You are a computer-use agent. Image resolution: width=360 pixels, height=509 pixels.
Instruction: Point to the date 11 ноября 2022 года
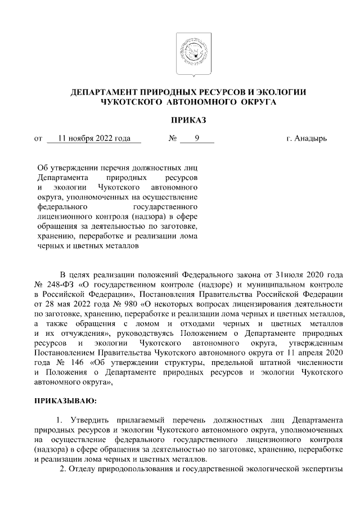coord(94,138)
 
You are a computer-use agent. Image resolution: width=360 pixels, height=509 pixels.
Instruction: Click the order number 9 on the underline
coord(197,138)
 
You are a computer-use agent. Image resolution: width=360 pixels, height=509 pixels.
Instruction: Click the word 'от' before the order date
coord(38,138)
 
